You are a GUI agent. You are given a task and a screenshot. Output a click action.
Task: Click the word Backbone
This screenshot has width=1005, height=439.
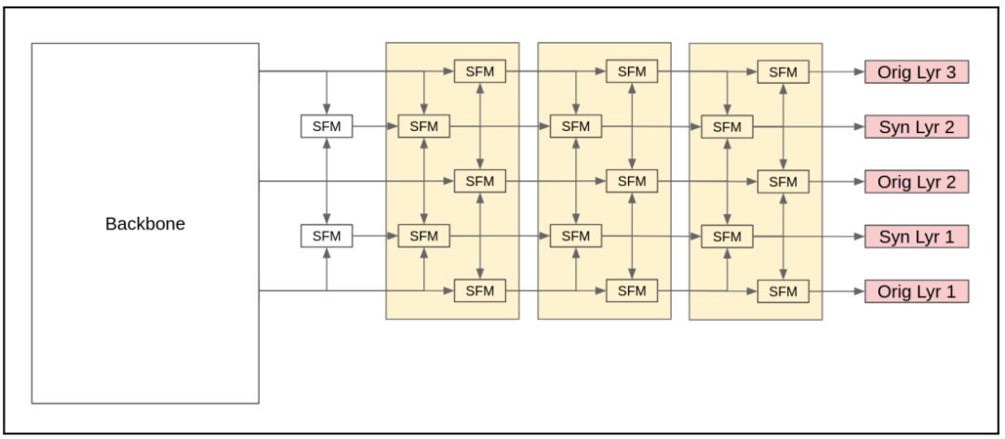pos(145,224)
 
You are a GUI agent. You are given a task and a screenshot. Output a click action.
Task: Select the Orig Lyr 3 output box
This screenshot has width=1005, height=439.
pos(917,72)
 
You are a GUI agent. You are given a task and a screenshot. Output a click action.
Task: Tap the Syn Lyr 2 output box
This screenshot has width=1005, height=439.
pos(917,126)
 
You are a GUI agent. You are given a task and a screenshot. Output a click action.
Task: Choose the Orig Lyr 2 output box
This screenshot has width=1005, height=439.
pos(917,181)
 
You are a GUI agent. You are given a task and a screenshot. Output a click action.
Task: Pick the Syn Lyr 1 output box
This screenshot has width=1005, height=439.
pos(917,236)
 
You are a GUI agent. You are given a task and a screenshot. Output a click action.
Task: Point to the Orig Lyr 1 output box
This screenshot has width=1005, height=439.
pos(917,291)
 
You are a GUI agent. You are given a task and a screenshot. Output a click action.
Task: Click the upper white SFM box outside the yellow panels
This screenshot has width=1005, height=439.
pos(327,126)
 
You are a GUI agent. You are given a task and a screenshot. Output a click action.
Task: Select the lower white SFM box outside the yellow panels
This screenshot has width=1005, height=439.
pos(327,236)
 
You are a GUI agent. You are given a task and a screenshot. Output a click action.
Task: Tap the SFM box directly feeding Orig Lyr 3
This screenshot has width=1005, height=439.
pos(783,72)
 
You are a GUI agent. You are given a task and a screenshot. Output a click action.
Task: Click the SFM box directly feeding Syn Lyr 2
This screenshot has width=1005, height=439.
pos(727,126)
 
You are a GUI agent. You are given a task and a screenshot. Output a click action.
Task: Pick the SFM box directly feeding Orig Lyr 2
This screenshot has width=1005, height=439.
pos(783,181)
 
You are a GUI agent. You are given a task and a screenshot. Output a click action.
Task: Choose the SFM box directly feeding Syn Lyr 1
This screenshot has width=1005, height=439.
pos(727,236)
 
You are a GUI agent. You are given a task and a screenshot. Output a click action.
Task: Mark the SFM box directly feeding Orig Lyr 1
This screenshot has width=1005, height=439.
pos(783,291)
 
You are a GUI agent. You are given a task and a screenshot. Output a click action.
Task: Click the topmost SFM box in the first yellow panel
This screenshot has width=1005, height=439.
pos(480,72)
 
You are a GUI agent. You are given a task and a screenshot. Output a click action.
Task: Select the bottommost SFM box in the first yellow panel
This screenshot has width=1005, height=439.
pos(480,291)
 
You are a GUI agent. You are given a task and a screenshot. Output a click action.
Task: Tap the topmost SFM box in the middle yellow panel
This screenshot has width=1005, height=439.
pos(632,72)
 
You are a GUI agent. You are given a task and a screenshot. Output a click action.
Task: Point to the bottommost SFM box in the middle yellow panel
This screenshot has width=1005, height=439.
pos(632,291)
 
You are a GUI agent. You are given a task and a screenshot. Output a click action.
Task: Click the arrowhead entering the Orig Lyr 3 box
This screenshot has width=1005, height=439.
pos(859,72)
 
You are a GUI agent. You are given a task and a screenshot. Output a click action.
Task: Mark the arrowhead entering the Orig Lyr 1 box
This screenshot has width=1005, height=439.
pos(859,291)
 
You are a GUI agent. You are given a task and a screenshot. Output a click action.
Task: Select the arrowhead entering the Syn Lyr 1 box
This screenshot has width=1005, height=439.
pos(859,236)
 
